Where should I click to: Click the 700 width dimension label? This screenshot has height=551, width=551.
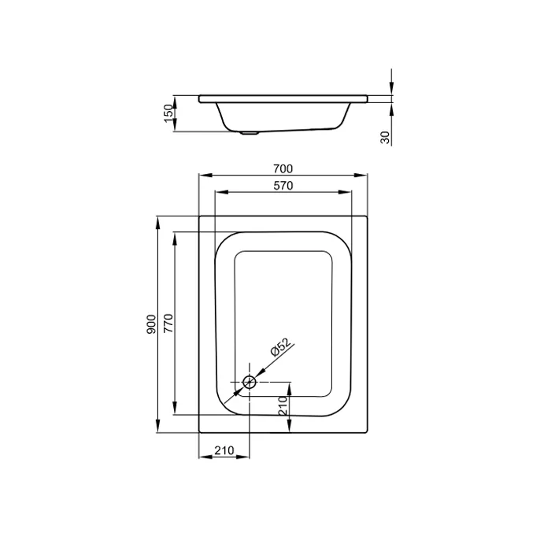(283, 169)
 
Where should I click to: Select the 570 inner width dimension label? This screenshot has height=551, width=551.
(283, 186)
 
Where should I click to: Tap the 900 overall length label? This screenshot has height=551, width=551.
(151, 324)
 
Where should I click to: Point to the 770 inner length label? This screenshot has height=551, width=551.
(168, 324)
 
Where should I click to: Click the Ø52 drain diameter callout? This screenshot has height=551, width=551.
(281, 348)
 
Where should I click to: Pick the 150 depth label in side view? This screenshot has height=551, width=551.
(168, 113)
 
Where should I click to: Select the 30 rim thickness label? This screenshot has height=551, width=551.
(385, 138)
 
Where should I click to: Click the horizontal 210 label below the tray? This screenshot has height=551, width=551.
(224, 450)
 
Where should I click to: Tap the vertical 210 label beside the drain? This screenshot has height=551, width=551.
(283, 405)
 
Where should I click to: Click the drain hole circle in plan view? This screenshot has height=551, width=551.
(250, 382)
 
